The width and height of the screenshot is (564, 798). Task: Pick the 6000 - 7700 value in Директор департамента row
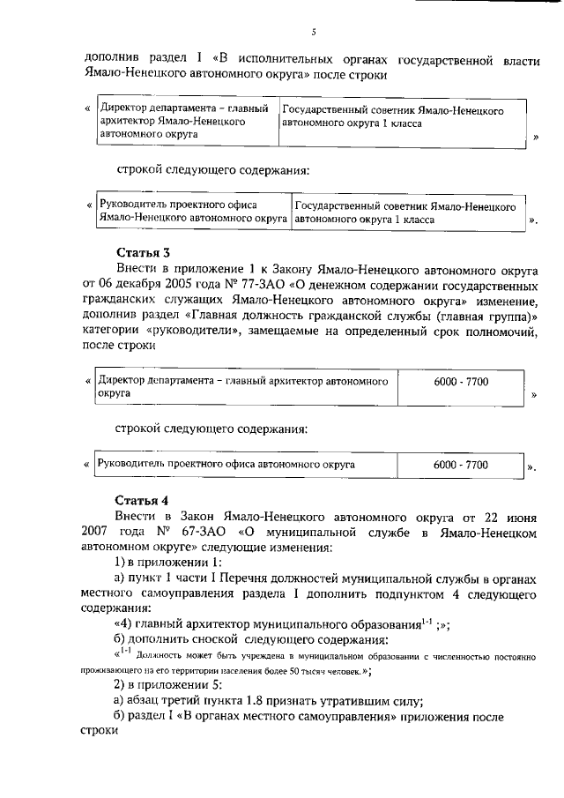461,381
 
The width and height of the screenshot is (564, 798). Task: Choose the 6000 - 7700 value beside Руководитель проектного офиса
461,463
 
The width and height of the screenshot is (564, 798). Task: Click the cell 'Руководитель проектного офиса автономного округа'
226,463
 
